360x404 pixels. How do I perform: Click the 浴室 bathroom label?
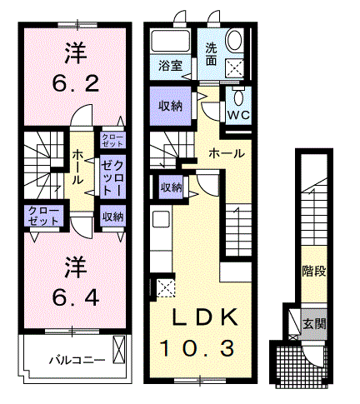point(170,66)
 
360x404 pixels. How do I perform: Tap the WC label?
point(239,115)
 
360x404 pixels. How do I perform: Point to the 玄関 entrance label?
point(314,323)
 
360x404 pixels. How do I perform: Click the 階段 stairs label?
point(314,271)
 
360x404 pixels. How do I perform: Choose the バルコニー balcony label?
point(77,361)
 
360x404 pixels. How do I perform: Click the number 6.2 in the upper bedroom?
point(76,84)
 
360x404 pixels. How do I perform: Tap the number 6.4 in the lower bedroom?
point(76,297)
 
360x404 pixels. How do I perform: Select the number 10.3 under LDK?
point(197,349)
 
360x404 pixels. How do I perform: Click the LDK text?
point(205,317)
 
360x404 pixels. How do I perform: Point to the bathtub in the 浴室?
point(170,41)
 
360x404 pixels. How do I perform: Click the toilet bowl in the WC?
point(238,97)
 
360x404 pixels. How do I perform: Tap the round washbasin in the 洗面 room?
point(234,40)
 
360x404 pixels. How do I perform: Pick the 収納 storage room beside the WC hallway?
point(170,106)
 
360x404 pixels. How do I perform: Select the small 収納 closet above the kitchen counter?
point(171,187)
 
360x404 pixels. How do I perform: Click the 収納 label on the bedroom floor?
point(112,217)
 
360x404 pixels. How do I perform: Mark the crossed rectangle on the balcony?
point(118,349)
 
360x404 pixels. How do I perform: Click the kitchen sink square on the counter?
point(161,219)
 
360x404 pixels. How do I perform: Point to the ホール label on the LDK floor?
point(227,153)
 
